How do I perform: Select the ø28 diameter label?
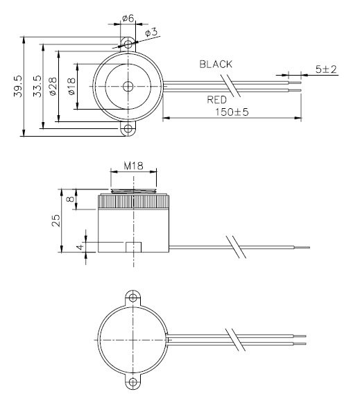click(x=53, y=87)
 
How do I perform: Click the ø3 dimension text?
click(x=151, y=33)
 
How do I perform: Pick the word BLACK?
click(x=216, y=64)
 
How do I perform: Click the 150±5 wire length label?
click(x=231, y=110)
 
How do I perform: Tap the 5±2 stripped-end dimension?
click(x=325, y=69)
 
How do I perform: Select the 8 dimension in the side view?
click(x=69, y=198)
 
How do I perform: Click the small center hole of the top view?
click(x=129, y=86)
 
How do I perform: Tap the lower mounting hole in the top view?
click(x=129, y=129)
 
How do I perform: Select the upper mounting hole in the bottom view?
click(x=131, y=299)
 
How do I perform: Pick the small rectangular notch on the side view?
click(x=133, y=246)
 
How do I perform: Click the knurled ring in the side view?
click(x=132, y=202)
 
